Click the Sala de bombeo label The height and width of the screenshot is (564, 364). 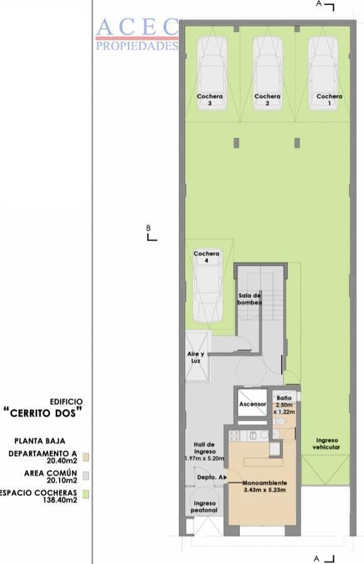249,299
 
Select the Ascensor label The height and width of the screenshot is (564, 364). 252,404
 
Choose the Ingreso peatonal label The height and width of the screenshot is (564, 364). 204,507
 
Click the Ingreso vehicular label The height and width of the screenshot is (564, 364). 328,444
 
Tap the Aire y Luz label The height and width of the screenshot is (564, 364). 195,357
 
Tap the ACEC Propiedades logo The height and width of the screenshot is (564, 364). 137,34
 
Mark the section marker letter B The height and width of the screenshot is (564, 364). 148,227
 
